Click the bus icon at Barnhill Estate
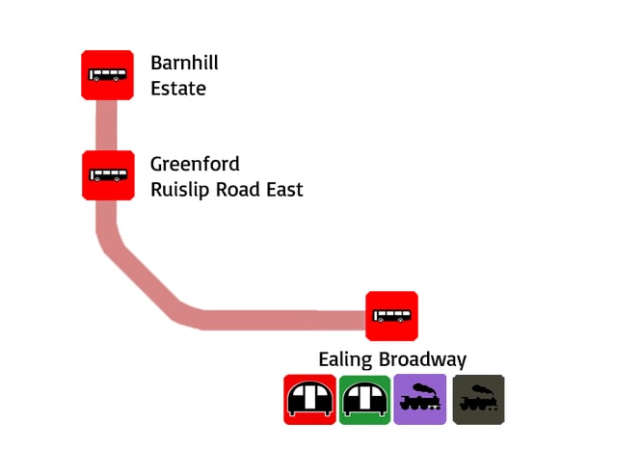[x=107, y=74]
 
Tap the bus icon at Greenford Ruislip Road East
[x=107, y=175]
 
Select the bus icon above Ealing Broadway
[x=391, y=316]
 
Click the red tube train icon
[x=309, y=399]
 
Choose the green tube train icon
[x=364, y=399]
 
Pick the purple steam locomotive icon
[x=420, y=399]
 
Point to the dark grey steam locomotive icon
[x=478, y=399]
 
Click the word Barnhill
[x=184, y=64]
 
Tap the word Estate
[x=178, y=89]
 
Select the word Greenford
[x=195, y=165]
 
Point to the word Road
[x=237, y=190]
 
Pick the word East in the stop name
[x=284, y=190]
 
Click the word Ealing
[x=345, y=360]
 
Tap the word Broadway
[x=422, y=360]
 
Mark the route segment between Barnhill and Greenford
[x=106, y=124]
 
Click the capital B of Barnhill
[x=156, y=64]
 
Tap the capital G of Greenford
[x=157, y=164]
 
